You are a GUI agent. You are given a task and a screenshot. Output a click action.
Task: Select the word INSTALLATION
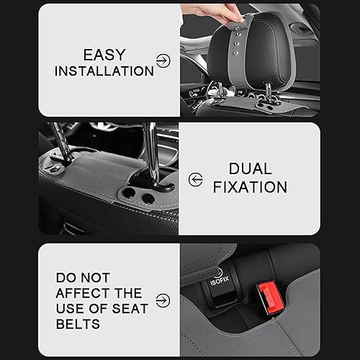pyautogui.click(x=104, y=71)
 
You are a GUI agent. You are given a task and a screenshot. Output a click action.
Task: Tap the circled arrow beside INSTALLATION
pyautogui.click(x=163, y=61)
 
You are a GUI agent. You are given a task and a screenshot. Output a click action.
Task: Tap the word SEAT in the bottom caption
pyautogui.click(x=127, y=309)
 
